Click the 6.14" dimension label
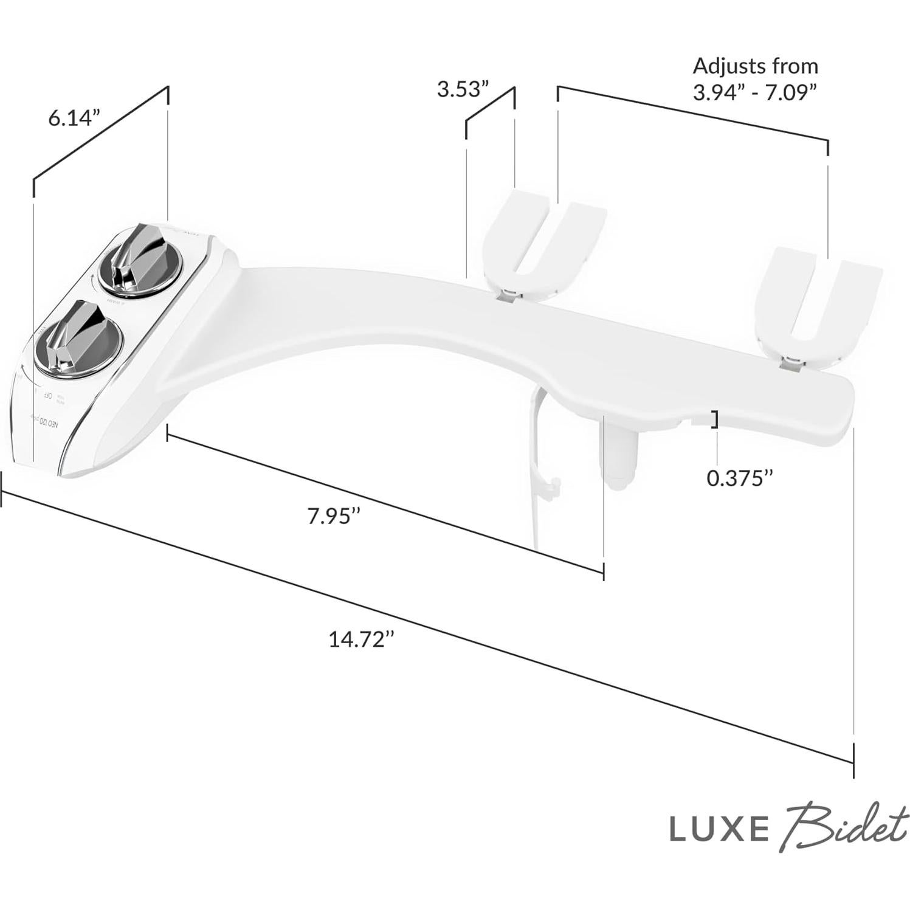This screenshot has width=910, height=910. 74,118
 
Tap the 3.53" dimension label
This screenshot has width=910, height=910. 463,89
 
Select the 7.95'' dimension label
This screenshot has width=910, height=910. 334,516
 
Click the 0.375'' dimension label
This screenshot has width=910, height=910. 739,478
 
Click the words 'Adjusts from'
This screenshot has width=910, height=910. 756,66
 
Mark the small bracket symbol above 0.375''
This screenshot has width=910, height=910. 716,420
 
